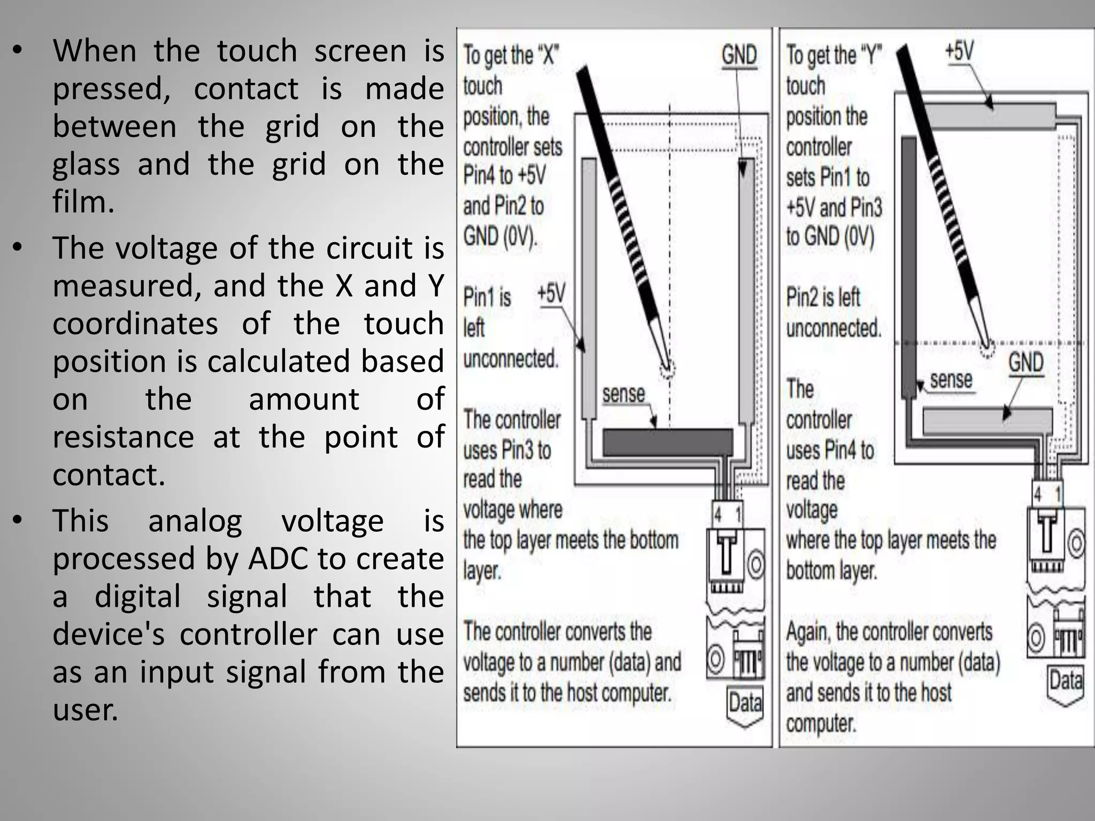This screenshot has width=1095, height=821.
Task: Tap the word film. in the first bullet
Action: [x=83, y=202]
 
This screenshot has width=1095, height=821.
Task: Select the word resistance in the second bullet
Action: [x=123, y=437]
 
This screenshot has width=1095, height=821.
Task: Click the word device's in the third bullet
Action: [x=109, y=634]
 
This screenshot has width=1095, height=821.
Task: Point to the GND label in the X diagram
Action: [x=739, y=56]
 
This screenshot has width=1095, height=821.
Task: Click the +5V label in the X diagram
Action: [x=551, y=294]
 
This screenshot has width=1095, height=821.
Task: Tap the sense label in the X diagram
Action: [x=623, y=394]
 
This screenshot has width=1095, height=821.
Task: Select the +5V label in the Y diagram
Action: [x=959, y=51]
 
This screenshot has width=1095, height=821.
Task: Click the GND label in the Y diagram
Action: [x=1025, y=363]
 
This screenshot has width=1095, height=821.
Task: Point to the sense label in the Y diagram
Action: [x=951, y=380]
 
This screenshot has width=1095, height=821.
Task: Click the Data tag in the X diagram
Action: [x=745, y=703]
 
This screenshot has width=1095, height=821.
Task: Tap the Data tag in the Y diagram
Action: [x=1066, y=681]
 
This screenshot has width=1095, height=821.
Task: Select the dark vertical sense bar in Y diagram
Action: [x=909, y=267]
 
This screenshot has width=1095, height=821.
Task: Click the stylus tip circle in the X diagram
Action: [x=667, y=368]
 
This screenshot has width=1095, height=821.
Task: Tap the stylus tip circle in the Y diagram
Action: [x=987, y=349]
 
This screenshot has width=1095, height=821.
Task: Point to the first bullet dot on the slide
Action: [x=18, y=51]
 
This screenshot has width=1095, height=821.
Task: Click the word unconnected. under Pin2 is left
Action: [x=833, y=328]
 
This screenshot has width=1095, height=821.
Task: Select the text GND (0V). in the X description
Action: [x=500, y=236]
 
